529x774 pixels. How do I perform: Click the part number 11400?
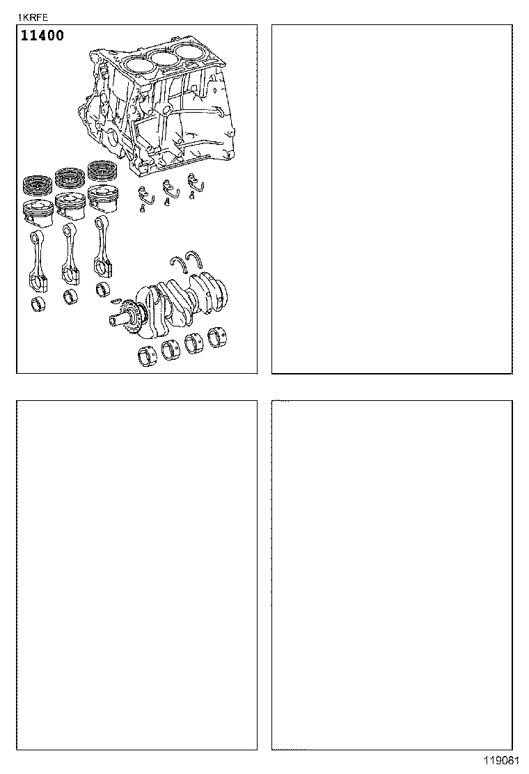click(42, 35)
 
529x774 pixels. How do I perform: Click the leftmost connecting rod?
click(38, 261)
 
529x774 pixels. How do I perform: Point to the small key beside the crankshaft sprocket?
click(116, 301)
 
